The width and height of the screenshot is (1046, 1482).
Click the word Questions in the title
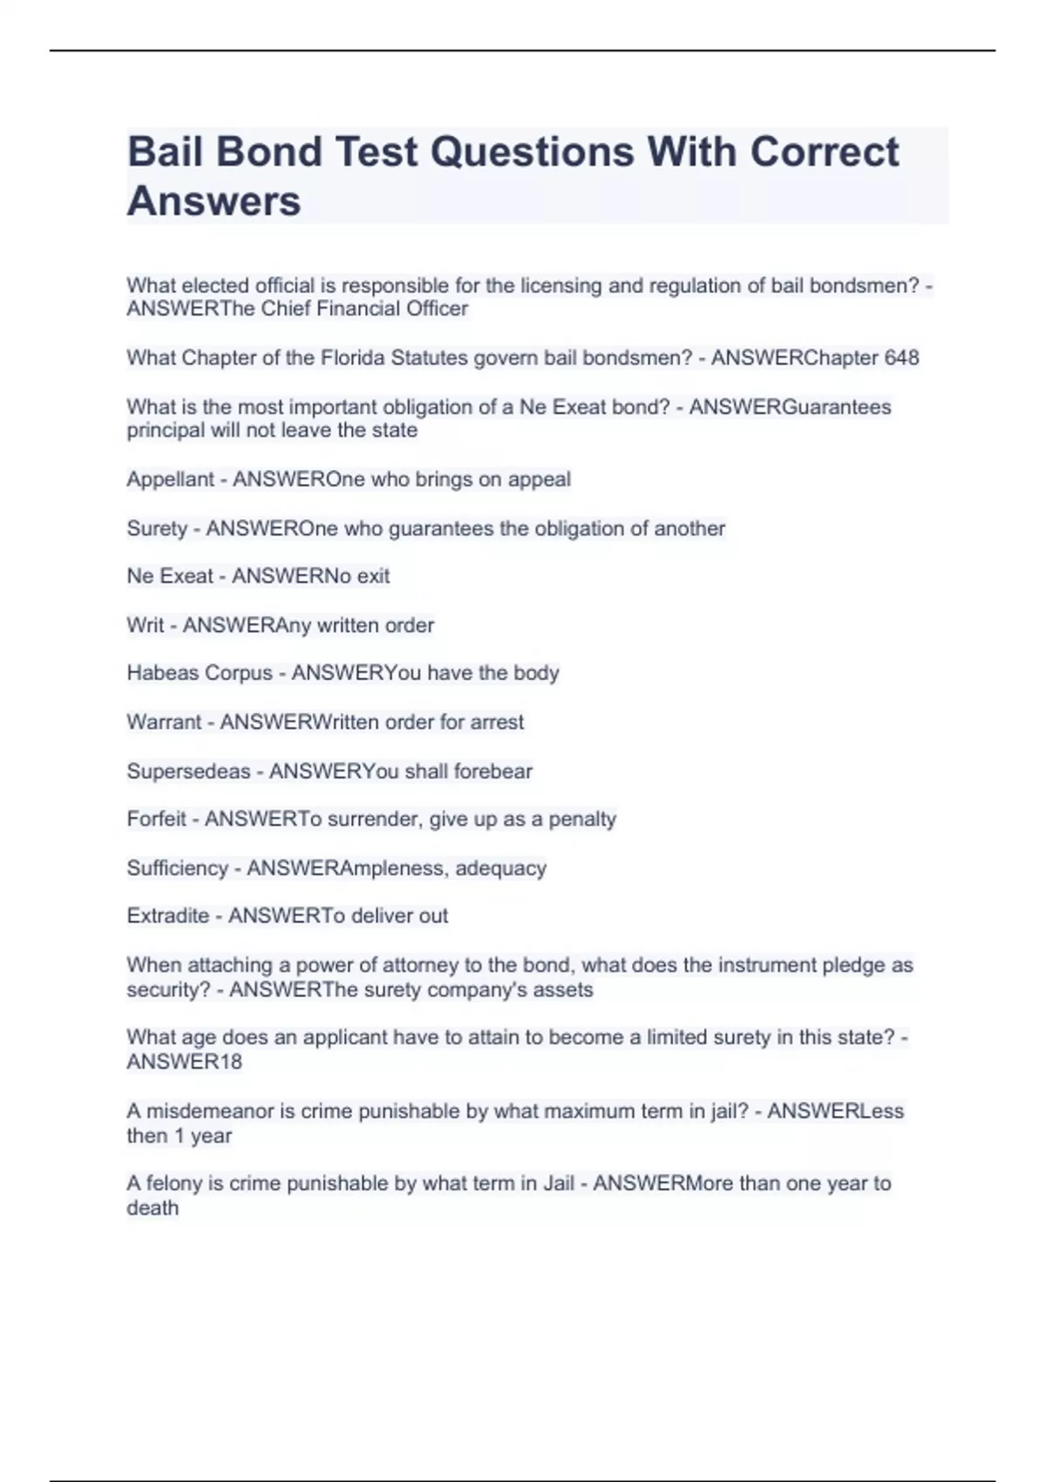coord(532,152)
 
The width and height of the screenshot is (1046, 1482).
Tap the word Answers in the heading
coord(214,201)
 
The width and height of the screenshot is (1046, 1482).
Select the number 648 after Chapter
coord(901,357)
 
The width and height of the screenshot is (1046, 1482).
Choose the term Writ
coord(145,625)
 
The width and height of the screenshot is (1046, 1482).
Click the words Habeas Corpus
coord(200,673)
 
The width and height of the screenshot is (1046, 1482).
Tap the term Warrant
coord(164,722)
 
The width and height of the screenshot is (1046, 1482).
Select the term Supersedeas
coord(188,772)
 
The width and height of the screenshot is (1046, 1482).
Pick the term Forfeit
coord(157,819)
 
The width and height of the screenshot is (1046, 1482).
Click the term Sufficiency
coord(177,868)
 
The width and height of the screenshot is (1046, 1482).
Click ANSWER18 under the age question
coord(184,1062)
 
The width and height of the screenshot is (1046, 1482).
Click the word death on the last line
coord(153,1208)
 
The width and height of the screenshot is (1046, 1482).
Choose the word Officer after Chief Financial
coord(438,309)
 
